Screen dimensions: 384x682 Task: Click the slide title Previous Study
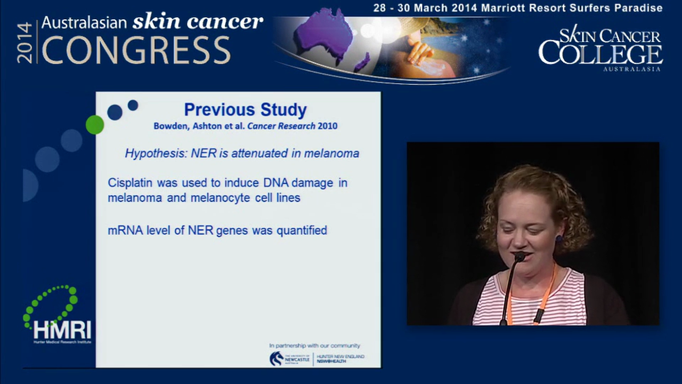click(x=245, y=110)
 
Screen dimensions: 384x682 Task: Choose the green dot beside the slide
click(x=95, y=125)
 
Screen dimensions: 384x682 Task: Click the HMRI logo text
click(x=62, y=330)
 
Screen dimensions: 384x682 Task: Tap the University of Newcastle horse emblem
click(x=277, y=358)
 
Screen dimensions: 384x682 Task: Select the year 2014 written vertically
click(x=25, y=43)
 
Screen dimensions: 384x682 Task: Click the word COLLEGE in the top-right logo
click(x=600, y=54)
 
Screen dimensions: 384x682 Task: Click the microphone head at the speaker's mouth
click(x=519, y=257)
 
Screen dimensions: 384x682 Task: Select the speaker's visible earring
click(x=558, y=239)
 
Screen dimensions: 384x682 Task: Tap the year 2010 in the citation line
click(x=328, y=126)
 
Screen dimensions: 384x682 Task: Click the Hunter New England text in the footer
click(x=341, y=356)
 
